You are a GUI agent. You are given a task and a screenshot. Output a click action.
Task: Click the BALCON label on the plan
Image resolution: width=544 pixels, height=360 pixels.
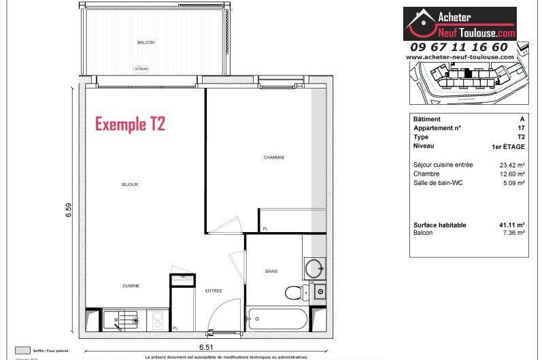point(146,42)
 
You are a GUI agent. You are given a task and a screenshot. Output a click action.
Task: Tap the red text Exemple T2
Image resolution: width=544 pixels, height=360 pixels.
point(130,125)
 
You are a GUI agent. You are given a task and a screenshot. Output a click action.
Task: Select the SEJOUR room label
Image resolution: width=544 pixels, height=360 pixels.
point(130,184)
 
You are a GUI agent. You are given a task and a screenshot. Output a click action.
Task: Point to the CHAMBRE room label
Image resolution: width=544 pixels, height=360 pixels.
point(273,157)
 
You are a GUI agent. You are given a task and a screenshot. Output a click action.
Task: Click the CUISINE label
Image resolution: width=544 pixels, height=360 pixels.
point(131,286)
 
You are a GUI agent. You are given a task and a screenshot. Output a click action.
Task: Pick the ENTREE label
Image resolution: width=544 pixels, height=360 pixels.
point(214,291)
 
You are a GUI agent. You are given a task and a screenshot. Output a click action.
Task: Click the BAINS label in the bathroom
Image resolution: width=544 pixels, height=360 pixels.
point(271,271)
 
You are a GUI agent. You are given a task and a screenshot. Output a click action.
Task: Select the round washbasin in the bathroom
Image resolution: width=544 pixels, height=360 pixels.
point(315,267)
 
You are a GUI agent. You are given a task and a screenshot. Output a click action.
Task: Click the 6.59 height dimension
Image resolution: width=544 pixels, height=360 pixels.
point(69,211)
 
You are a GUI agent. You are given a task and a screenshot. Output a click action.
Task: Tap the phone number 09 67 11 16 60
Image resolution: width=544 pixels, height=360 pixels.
point(459,47)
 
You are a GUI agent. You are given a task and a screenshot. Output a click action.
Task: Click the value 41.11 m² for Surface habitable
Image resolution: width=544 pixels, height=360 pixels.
point(511,225)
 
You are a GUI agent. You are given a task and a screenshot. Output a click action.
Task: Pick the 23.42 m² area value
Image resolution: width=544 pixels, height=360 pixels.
point(511,165)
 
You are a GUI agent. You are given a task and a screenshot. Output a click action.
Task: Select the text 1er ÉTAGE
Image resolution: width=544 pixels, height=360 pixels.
point(507,146)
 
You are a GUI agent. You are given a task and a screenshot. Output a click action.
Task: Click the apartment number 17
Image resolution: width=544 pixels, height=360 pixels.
point(521,128)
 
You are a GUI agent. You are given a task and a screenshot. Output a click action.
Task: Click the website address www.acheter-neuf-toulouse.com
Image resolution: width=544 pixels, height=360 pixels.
point(459,58)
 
